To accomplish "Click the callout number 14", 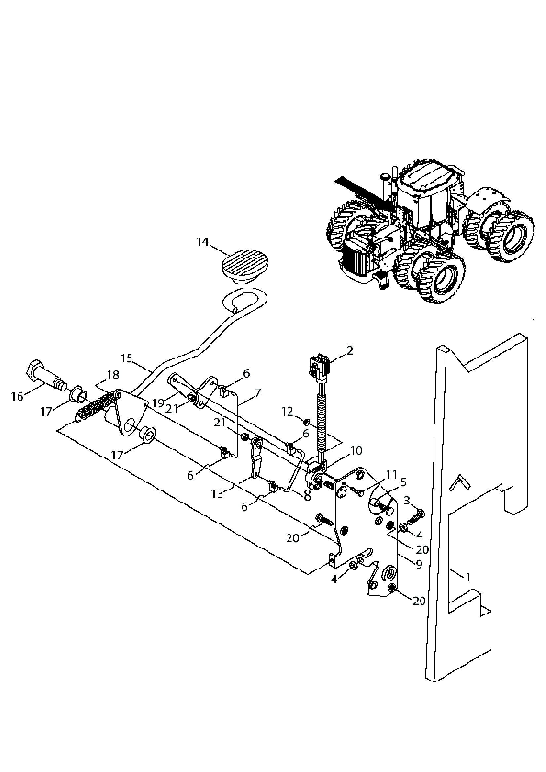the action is [203, 242].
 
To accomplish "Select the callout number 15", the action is [126, 358].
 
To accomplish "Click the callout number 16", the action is [17, 397].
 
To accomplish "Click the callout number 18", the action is [113, 375].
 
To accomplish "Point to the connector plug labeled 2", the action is [320, 367].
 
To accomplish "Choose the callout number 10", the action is [356, 450].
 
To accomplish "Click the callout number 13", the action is [217, 494].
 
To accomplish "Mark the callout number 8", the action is [307, 497].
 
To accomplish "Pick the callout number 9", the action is [419, 564].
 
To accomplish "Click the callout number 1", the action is [468, 577].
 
